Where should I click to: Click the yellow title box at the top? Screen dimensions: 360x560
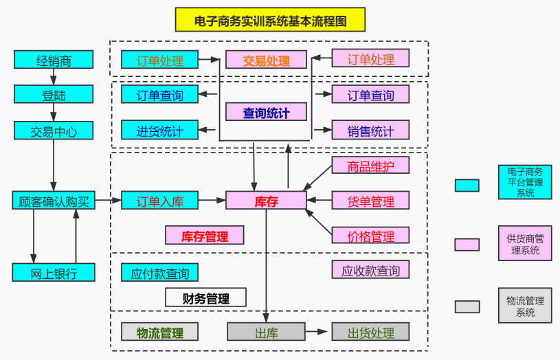(x=270, y=20)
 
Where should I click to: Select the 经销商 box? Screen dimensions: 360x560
(x=54, y=60)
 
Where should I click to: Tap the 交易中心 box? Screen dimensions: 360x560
(x=54, y=131)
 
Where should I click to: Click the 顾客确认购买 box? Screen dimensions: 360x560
(x=54, y=201)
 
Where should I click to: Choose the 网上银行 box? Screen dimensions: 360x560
(x=54, y=272)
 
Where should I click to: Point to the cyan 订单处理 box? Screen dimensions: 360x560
(x=160, y=60)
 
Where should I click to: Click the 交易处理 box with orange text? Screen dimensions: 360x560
(x=266, y=60)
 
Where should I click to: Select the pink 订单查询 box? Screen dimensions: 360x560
(x=370, y=94)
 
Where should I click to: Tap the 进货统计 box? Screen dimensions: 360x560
(x=160, y=130)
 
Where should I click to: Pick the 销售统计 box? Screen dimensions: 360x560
(x=370, y=130)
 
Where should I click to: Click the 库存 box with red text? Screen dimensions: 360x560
(x=266, y=201)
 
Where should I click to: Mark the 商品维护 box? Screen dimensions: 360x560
(x=370, y=166)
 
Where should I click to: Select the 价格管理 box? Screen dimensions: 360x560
(x=370, y=236)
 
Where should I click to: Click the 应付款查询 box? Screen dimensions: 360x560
(x=160, y=273)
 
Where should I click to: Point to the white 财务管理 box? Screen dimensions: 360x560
(x=205, y=297)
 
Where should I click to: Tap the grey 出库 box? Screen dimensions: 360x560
(x=266, y=333)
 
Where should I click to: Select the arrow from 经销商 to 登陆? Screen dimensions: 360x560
(x=54, y=77)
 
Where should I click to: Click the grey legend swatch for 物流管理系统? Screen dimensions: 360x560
(x=467, y=306)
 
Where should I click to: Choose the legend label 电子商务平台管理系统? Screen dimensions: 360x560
(x=525, y=183)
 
